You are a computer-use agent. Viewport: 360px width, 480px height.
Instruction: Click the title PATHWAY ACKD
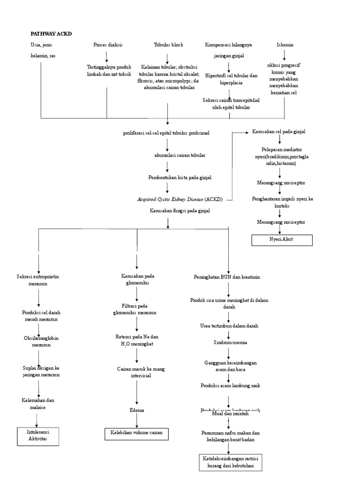52,34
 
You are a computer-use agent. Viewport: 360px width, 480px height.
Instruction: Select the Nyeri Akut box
282,240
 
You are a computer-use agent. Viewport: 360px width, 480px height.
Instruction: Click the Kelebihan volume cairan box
136,433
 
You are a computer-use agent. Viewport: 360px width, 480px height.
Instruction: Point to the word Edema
137,410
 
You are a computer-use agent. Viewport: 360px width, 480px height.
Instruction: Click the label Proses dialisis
107,45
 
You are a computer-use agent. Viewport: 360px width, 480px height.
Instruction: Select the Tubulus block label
168,45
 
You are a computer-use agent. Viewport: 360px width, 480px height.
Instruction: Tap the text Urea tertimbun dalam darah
227,325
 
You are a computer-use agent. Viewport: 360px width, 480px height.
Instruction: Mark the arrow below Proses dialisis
107,56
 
